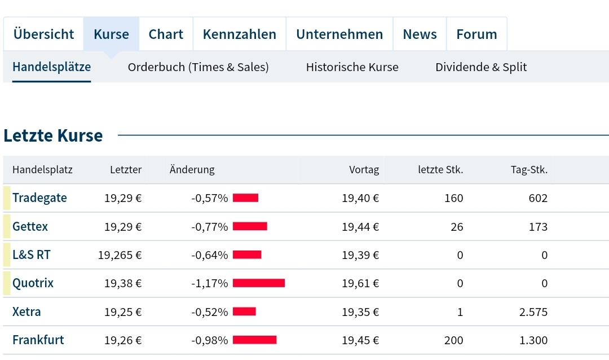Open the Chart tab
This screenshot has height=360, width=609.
[x=166, y=34]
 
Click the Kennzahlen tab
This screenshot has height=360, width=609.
[x=239, y=34]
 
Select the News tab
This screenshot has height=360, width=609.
[x=420, y=34]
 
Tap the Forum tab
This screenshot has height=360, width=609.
[x=476, y=34]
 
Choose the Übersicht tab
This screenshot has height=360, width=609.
[x=43, y=34]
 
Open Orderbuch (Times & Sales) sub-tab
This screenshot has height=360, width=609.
[x=198, y=67]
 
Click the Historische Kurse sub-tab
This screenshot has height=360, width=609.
[x=352, y=67]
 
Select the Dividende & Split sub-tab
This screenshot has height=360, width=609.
[x=480, y=67]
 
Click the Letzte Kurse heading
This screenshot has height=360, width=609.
[x=53, y=136]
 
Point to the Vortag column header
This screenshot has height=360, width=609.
[x=364, y=170]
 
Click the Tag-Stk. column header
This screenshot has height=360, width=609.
[x=529, y=170]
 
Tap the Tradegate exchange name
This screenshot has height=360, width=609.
[x=39, y=198]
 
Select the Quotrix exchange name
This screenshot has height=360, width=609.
[x=33, y=283]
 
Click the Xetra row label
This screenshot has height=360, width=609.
[x=27, y=312]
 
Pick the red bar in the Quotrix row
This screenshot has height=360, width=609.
[x=258, y=283]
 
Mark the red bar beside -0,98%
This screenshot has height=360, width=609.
[x=254, y=340]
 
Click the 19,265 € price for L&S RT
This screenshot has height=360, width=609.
[x=120, y=255]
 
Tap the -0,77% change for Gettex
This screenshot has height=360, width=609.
[x=210, y=227]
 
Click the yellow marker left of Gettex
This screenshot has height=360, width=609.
[x=7, y=226]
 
